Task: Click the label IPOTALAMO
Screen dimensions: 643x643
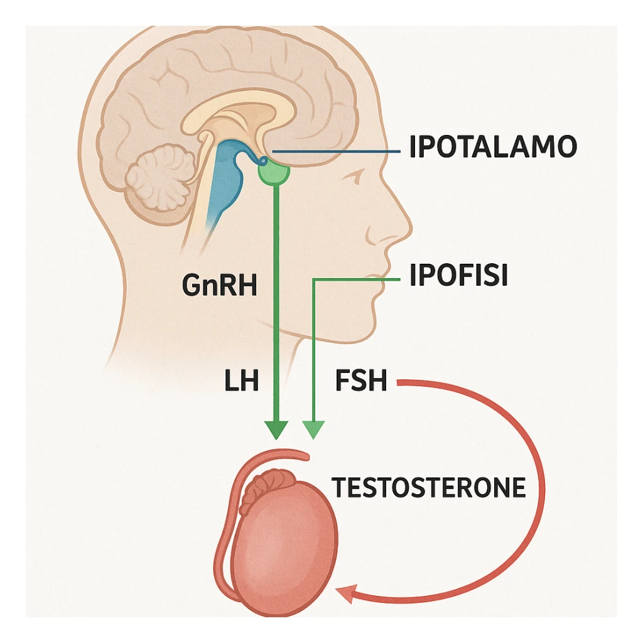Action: tap(493, 147)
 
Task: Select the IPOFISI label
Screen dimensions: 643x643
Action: tap(458, 276)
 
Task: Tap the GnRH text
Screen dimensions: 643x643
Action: tap(220, 286)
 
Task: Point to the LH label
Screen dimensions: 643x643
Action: tap(241, 381)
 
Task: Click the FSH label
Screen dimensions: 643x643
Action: tap(360, 381)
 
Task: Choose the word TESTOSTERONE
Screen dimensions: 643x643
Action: tap(429, 488)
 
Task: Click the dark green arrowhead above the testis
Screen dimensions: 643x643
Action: tap(276, 430)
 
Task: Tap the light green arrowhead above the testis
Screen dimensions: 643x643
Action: tap(313, 430)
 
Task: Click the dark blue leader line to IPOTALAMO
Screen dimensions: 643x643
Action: tap(339, 152)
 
